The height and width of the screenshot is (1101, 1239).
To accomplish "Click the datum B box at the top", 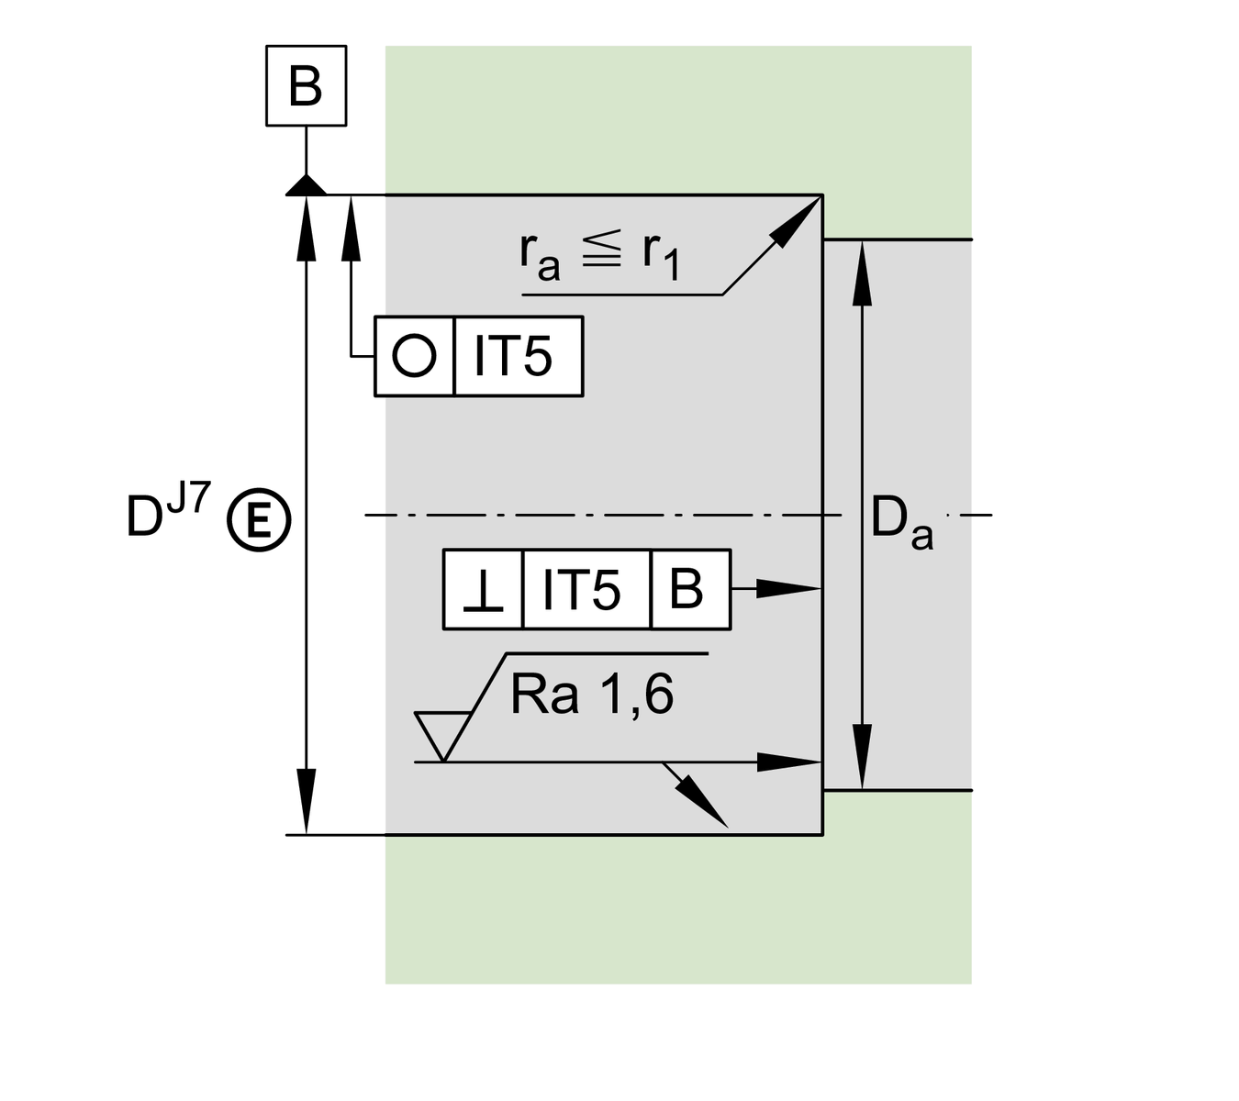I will tap(306, 85).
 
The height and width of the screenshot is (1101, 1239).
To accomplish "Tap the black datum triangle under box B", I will tap(306, 185).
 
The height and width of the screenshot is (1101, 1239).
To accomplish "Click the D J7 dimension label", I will tap(170, 514).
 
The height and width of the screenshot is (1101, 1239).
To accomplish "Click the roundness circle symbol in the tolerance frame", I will tap(414, 356).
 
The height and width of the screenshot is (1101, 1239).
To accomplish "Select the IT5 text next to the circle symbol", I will tap(513, 356).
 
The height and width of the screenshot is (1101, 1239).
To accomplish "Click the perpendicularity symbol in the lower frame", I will tap(483, 590).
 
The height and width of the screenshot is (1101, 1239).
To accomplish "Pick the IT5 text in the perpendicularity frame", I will tap(583, 589).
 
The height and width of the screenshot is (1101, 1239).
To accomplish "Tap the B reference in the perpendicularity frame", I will tap(686, 589).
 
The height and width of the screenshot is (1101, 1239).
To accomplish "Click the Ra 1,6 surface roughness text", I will tap(592, 695).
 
